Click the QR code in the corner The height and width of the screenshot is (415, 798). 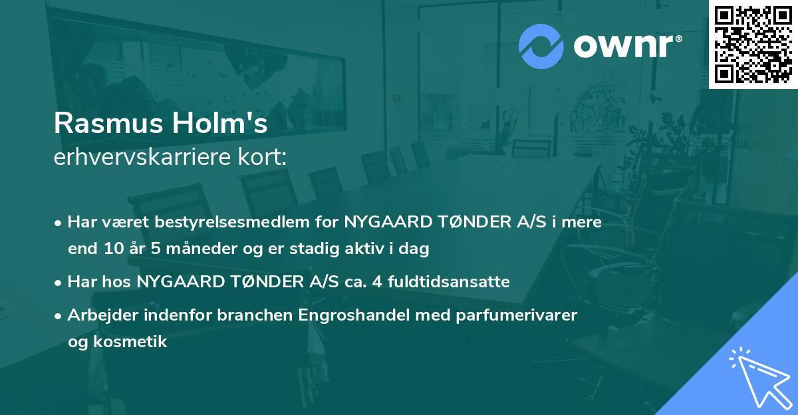[753, 45]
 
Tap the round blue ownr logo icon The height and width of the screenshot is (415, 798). [541, 46]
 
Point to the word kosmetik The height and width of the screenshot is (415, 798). [126, 342]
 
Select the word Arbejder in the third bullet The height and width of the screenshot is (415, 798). [97, 315]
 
